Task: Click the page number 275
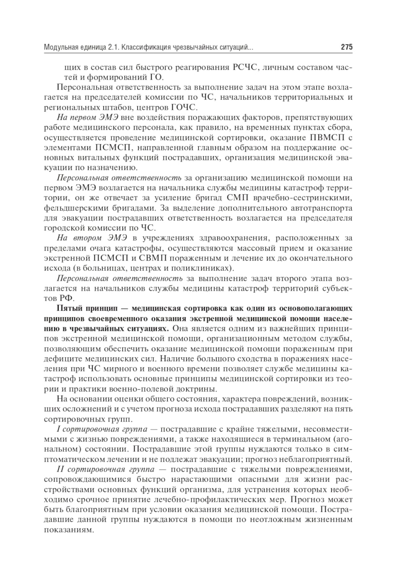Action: click(x=346, y=47)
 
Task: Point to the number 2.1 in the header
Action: click(x=113, y=48)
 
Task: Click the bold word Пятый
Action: click(x=69, y=308)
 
